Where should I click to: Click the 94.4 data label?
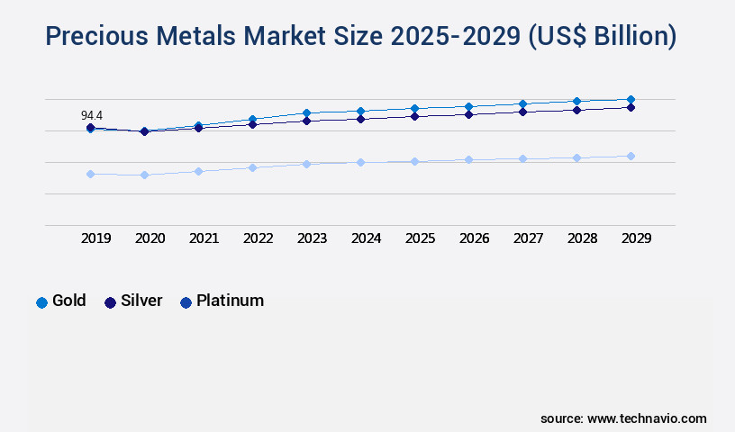(x=92, y=115)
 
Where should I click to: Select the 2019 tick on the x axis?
(x=95, y=238)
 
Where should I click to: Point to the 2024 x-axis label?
(x=366, y=238)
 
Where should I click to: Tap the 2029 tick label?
(x=636, y=238)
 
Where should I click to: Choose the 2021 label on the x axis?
(x=204, y=238)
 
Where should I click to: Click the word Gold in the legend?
(x=69, y=301)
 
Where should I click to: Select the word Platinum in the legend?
(x=230, y=301)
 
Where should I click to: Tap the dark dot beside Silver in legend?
(x=111, y=301)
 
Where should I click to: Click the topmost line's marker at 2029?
(x=631, y=99)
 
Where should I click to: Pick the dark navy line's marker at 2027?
(x=522, y=112)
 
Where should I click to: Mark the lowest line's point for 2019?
(x=90, y=174)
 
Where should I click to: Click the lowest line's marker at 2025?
(x=414, y=161)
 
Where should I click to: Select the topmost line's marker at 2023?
(x=306, y=112)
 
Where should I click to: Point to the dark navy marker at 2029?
(x=631, y=107)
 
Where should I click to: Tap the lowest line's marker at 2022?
(x=252, y=167)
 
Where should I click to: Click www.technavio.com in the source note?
(x=646, y=418)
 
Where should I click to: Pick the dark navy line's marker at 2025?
(x=414, y=116)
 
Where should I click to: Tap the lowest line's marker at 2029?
(x=631, y=156)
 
